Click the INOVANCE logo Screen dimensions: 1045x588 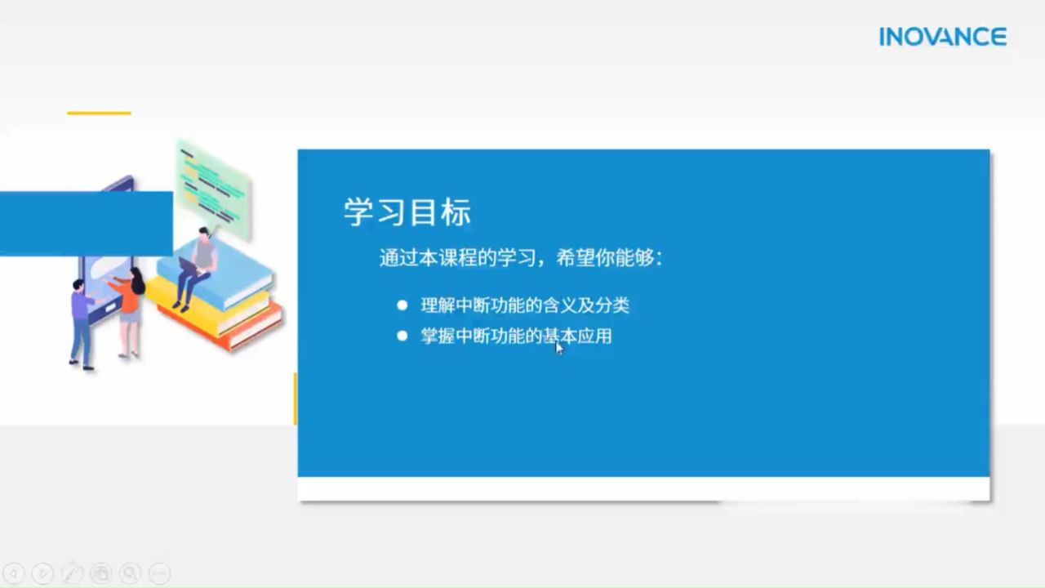943,37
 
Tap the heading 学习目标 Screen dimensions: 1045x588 407,212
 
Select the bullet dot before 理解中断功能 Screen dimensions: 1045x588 402,305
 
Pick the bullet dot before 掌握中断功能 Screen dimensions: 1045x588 402,336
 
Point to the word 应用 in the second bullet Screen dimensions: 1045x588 594,336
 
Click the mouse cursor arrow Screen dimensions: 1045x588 559,348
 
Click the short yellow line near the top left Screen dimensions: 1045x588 99,113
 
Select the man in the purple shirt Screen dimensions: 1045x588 82,325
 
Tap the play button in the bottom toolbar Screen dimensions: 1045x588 43,573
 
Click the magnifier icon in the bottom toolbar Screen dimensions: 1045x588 130,573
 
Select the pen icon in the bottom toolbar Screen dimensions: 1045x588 73,573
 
